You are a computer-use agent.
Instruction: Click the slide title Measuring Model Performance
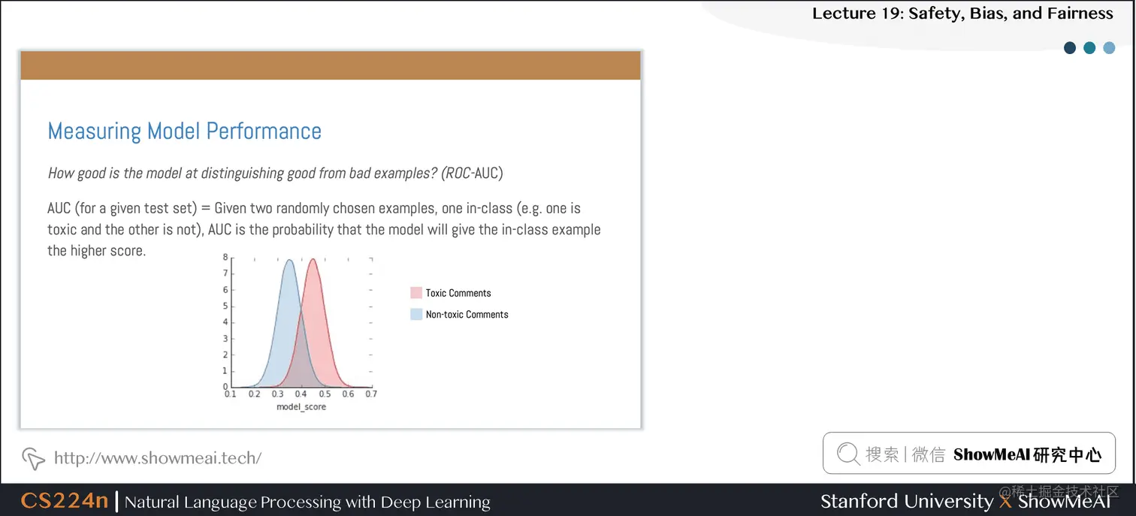tap(184, 131)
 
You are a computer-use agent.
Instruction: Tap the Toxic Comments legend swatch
tap(416, 293)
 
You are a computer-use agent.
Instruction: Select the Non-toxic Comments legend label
tap(467, 315)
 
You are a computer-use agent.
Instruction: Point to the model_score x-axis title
tap(301, 406)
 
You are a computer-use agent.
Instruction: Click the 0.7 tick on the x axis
tap(371, 394)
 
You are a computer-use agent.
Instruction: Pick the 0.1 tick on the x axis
tap(231, 394)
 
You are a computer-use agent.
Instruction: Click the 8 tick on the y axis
tap(225, 257)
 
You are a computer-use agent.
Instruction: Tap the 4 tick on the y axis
tap(225, 322)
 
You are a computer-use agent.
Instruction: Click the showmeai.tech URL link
tap(158, 457)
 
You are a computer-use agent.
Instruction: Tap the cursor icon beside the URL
tap(33, 457)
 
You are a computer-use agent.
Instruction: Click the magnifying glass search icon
tap(847, 454)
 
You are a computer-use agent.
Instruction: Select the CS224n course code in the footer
tap(65, 501)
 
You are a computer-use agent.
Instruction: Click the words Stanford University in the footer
tap(906, 501)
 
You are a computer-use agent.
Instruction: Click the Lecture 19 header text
tap(962, 14)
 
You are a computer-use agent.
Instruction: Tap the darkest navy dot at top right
tap(1070, 48)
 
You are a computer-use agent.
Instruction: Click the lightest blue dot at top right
tap(1109, 48)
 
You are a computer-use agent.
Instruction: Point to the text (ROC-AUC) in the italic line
tap(471, 173)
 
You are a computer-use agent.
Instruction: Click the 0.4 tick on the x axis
tap(301, 394)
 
